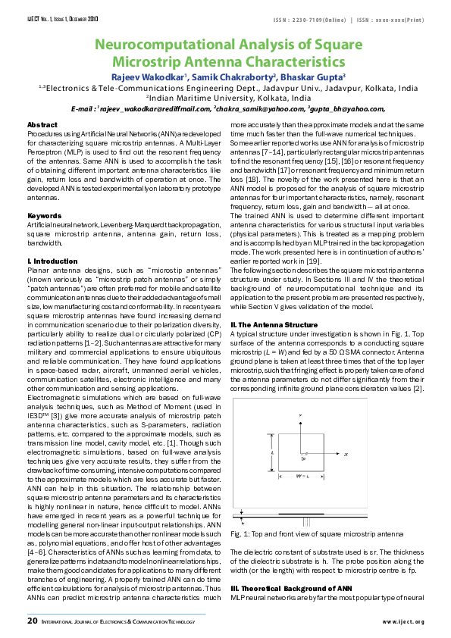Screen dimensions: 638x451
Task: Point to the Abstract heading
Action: pyautogui.click(x=42, y=124)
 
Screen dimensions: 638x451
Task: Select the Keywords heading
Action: pyautogui.click(x=44, y=216)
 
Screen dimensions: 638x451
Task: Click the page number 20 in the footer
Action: pyautogui.click(x=33, y=621)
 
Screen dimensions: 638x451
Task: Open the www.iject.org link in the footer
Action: pyautogui.click(x=403, y=622)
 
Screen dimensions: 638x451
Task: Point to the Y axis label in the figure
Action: pyautogui.click(x=301, y=417)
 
